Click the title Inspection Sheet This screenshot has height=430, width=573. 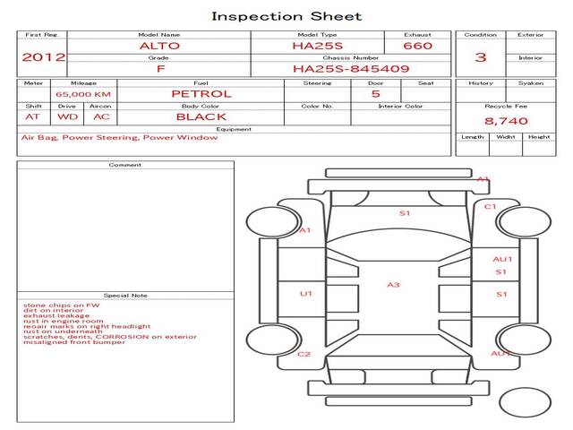[286, 15]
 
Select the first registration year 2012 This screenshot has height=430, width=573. [43, 57]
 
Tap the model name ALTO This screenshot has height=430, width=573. [158, 46]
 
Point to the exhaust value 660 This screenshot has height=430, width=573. [417, 46]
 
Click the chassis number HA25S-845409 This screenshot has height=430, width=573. [350, 68]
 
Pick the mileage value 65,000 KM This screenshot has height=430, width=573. [83, 94]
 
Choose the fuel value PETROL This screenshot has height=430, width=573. [201, 93]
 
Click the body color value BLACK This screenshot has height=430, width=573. [201, 116]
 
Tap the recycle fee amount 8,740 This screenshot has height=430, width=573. [506, 121]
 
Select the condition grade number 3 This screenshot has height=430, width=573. [481, 57]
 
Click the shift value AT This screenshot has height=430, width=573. [32, 116]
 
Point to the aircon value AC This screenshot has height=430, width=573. [101, 116]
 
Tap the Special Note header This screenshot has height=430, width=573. [125, 295]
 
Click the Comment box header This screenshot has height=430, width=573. [125, 165]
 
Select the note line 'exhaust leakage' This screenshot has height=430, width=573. [56, 315]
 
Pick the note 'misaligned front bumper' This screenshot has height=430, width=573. [74, 342]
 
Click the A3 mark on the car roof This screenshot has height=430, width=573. [393, 285]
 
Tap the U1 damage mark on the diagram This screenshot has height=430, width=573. [306, 293]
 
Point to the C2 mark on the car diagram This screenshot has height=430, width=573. [304, 354]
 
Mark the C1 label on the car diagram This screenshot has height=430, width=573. [491, 207]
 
